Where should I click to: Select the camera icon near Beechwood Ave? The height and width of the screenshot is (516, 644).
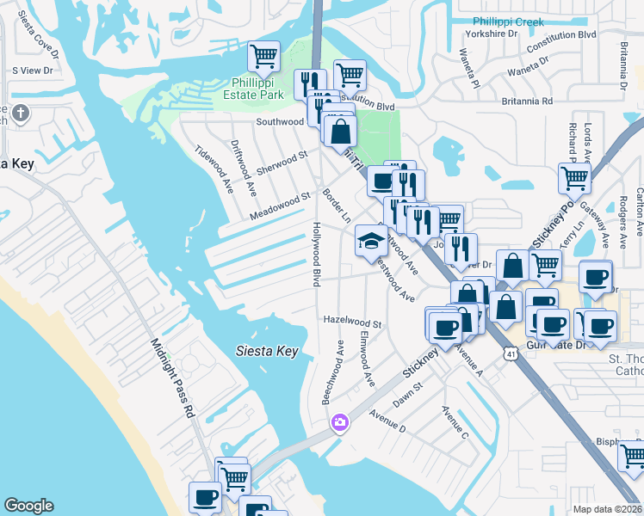pos(339,421)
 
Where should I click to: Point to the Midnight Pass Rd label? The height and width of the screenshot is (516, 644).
pos(174,378)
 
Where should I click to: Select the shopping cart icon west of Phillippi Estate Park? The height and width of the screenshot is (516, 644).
pos(263,57)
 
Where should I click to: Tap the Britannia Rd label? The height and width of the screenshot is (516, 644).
pos(527,101)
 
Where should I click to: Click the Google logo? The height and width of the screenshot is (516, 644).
pos(28,506)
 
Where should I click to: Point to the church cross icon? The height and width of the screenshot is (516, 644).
pos(20,112)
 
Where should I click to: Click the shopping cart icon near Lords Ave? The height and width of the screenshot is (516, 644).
pos(573,178)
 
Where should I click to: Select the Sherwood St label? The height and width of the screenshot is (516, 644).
pos(282,161)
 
